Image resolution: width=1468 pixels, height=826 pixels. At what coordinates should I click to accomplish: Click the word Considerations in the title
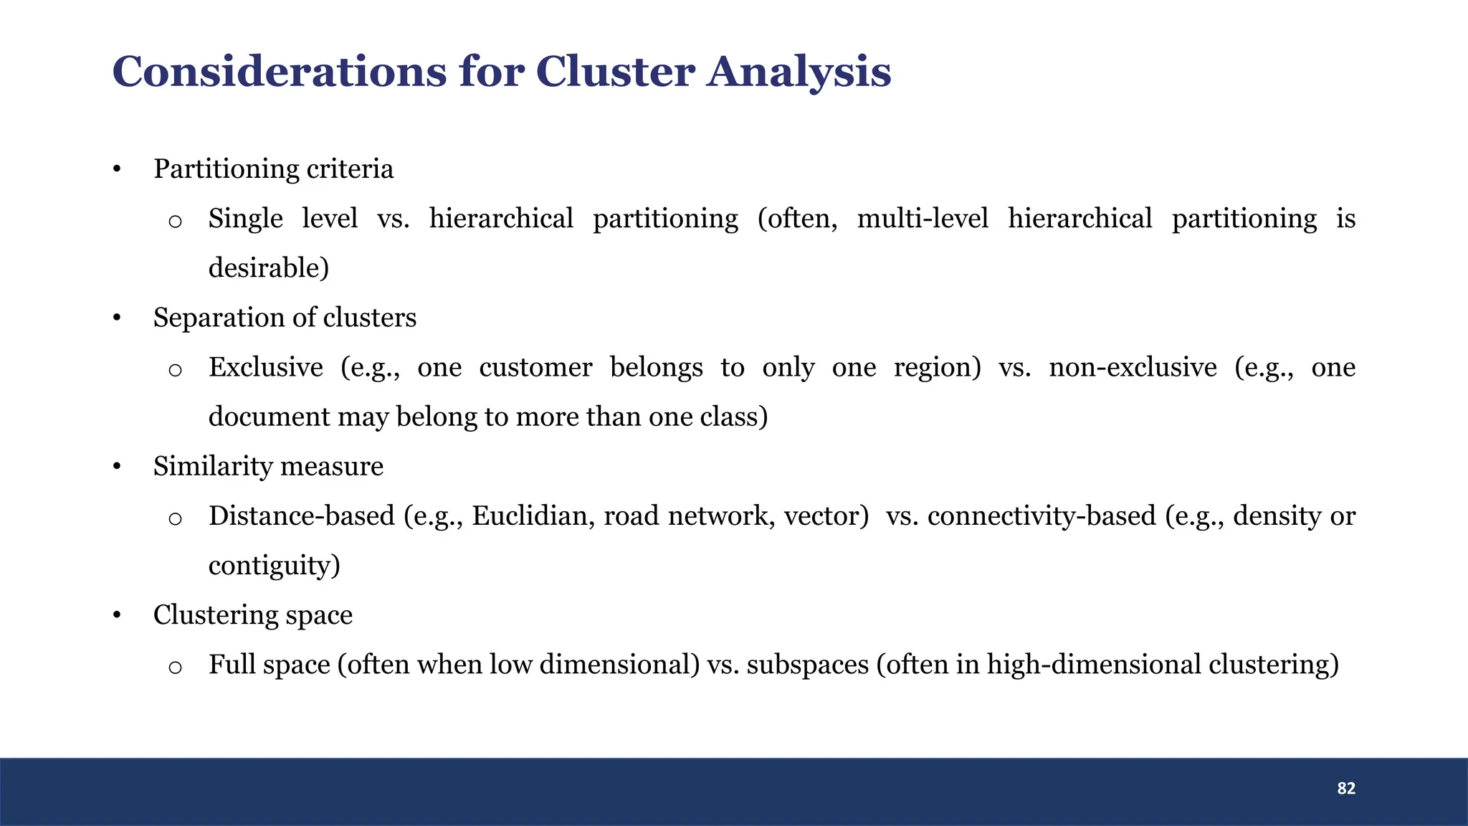point(280,72)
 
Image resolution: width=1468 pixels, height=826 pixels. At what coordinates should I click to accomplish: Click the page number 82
point(1345,788)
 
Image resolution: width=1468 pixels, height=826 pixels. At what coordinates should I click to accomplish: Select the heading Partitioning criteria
point(273,169)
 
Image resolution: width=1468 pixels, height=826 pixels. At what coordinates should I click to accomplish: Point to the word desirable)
point(269,268)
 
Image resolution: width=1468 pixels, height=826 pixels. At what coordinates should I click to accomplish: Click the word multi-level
point(922,219)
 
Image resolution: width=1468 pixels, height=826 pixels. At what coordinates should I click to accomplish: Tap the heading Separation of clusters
point(285,318)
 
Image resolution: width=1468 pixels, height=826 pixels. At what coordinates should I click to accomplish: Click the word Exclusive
point(265,367)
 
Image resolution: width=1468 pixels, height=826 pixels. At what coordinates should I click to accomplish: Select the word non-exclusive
point(1133,367)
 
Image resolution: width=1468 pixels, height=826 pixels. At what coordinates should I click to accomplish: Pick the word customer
point(535,367)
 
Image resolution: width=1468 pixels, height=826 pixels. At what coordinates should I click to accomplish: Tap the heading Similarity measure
point(268,466)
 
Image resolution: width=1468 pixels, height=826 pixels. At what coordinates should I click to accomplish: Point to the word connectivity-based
point(1041,516)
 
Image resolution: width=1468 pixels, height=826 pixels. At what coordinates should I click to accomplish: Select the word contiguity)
point(274,566)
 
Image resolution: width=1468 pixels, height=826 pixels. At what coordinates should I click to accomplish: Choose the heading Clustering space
point(252,615)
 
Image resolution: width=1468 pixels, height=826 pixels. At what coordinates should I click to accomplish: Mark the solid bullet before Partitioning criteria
point(117,171)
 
